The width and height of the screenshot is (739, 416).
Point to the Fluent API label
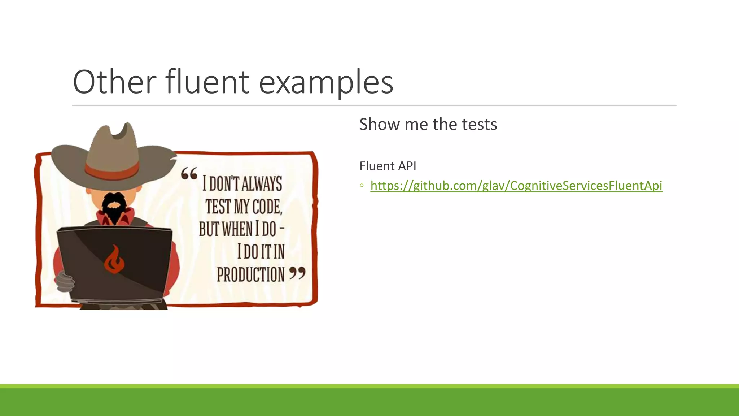(388, 166)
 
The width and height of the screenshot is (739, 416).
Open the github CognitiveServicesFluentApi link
(516, 186)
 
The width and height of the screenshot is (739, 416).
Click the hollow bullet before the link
(362, 186)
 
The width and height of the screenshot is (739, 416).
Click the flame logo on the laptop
(114, 260)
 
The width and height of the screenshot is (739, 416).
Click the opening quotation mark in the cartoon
(189, 174)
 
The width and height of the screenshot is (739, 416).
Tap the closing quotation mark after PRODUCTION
(297, 273)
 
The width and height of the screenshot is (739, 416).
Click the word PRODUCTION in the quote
(251, 275)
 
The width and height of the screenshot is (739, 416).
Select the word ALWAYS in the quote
(262, 183)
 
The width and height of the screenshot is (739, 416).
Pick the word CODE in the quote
(267, 207)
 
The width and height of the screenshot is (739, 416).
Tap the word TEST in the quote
(218, 207)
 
